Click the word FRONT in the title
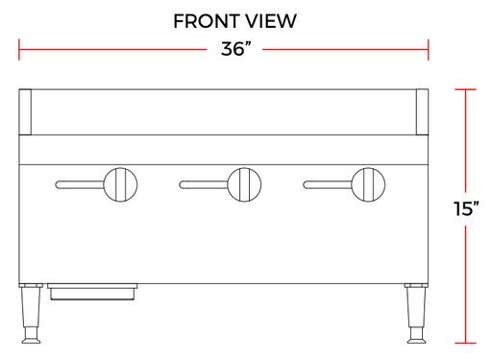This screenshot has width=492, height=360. (207, 21)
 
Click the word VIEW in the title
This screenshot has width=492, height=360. (271, 21)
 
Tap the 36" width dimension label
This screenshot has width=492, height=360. (235, 49)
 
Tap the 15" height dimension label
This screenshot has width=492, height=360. (466, 208)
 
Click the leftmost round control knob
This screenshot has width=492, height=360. (120, 184)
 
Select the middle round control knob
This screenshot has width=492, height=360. (244, 184)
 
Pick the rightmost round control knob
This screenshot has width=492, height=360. (368, 184)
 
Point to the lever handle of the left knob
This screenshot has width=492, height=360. (80, 184)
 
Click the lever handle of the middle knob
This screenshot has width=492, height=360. (204, 184)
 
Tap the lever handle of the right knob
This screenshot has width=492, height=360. (327, 184)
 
